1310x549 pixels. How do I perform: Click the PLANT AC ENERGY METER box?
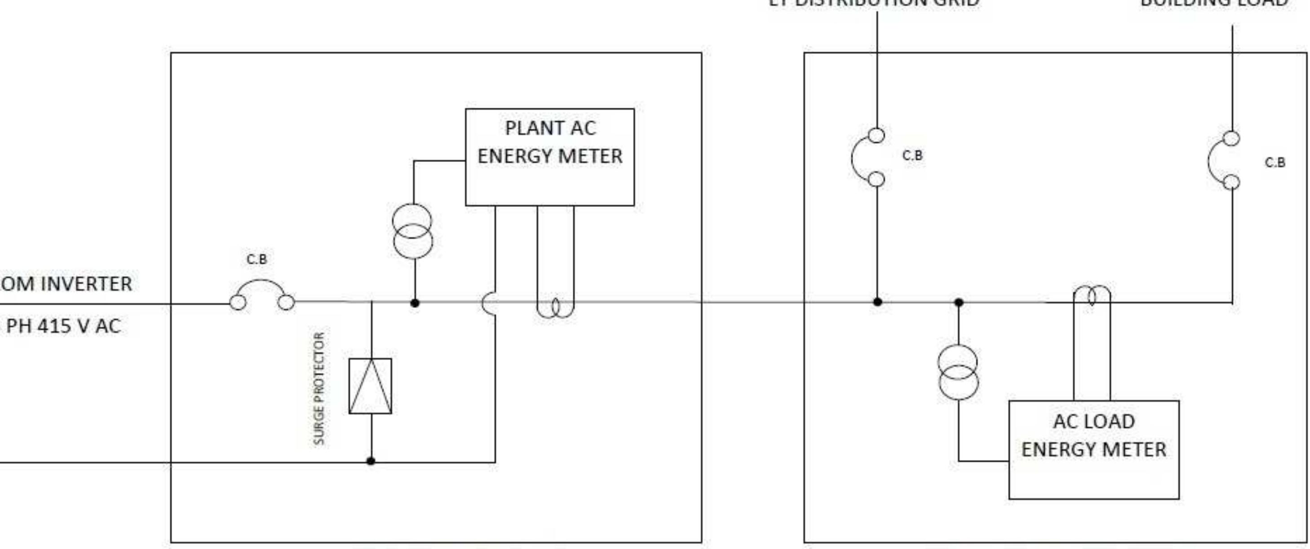550,157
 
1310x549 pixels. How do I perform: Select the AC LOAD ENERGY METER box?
1093,449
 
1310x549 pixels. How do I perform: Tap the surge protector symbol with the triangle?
370,386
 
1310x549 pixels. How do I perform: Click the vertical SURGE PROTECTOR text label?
319,388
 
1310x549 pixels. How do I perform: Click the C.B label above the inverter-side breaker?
257,259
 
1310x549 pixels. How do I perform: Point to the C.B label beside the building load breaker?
1275,163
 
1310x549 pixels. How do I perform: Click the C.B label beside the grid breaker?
912,156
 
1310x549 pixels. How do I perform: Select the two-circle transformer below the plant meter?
412,231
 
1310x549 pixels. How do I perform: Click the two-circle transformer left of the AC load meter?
958,372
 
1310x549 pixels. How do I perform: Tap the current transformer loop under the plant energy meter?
555,307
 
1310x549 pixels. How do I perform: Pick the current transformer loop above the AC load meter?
1092,296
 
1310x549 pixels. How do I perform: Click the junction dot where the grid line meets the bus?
877,302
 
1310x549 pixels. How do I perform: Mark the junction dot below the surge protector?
371,461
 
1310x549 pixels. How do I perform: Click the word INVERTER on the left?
86,284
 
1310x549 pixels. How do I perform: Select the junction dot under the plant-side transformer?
415,303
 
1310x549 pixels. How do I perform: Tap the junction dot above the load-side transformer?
959,303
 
